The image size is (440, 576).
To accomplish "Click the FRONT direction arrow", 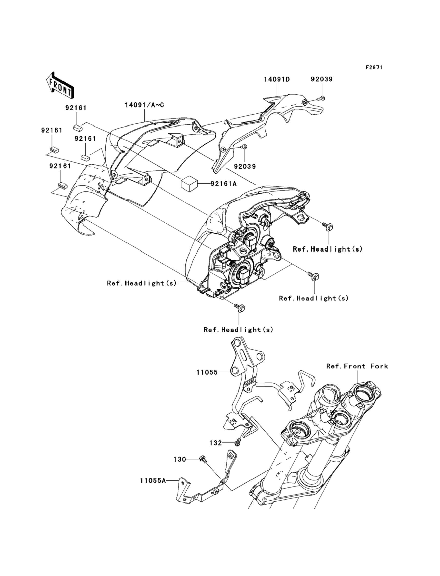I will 60,86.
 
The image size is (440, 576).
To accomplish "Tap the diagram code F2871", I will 374,68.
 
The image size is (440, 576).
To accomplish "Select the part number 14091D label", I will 277,79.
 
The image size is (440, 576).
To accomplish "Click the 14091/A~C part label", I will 144,105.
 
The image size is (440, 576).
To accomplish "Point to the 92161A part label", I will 223,184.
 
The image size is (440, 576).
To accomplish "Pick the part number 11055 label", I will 207,372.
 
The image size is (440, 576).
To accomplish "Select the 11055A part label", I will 153,481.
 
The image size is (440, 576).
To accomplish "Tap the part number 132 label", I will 215,443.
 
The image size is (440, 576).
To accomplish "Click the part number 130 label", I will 180,459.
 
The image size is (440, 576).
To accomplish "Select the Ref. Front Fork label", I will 357,366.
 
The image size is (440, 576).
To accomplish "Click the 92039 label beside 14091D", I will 322,79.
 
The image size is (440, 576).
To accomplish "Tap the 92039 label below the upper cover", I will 245,167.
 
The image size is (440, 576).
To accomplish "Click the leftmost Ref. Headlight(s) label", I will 142,283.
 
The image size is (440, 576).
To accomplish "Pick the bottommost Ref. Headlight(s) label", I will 238,330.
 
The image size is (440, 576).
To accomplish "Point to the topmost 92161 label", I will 76,108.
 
